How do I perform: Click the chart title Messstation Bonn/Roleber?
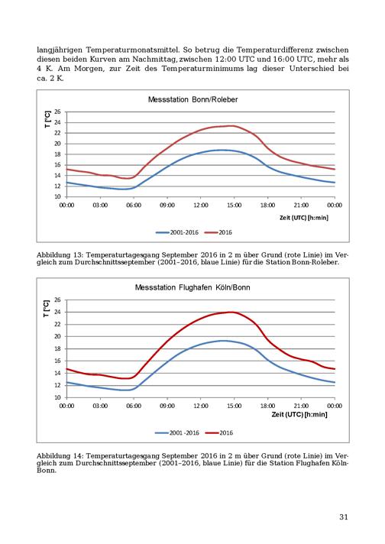[192, 99]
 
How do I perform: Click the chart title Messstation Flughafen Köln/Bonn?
[192, 287]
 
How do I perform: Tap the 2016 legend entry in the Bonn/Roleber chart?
[218, 232]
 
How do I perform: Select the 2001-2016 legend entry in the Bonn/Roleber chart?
[177, 232]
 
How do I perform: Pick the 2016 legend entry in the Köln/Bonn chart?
[219, 433]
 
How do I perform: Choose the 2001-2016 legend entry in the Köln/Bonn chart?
[177, 433]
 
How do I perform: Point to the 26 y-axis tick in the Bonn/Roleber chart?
[57, 112]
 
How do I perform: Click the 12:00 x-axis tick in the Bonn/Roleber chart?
[200, 205]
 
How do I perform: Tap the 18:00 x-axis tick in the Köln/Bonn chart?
[268, 406]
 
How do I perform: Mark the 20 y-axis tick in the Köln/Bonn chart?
[57, 336]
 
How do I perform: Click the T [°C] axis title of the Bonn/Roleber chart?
[47, 119]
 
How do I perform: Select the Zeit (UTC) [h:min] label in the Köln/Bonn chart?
[299, 414]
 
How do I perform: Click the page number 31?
[344, 517]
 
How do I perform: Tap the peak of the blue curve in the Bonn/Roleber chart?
[222, 150]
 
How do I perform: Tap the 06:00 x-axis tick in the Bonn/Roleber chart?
[134, 205]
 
